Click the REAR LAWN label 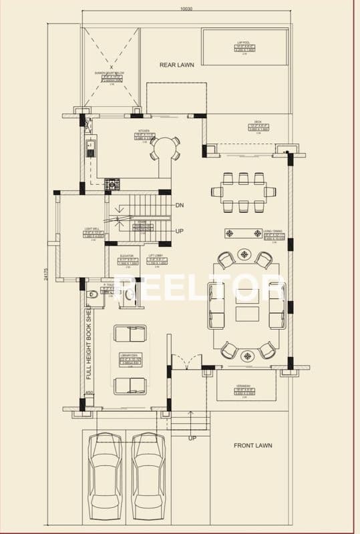(176, 65)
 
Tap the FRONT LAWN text (252, 445)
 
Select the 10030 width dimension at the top (186, 9)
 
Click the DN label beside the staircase (180, 206)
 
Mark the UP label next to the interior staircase (180, 230)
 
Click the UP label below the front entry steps (193, 439)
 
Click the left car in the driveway (104, 475)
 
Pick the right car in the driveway (147, 475)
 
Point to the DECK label (258, 122)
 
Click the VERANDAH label (246, 387)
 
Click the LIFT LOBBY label (157, 256)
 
